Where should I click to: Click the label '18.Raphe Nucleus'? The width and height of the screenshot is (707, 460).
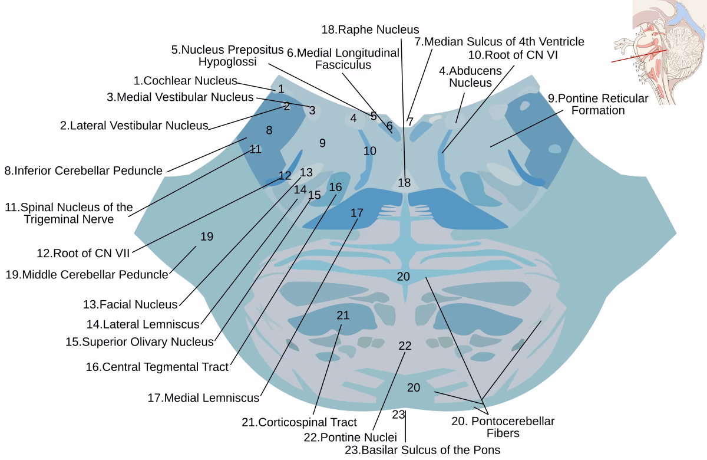[370, 29]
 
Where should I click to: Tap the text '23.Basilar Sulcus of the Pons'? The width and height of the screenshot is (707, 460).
[422, 450]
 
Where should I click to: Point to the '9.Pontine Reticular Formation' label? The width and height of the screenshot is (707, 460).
[598, 104]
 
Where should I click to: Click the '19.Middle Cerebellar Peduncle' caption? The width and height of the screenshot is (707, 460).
[87, 274]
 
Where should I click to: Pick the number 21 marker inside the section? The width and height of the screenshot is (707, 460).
[343, 316]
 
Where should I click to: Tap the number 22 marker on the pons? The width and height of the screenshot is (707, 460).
[405, 346]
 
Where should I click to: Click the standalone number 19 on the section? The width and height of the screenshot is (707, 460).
[207, 236]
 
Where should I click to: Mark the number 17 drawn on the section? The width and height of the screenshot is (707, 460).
[357, 213]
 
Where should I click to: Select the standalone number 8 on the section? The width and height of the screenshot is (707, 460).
[269, 130]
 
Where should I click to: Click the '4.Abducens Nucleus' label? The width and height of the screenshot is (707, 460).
[470, 77]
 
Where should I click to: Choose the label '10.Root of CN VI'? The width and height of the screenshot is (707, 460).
[513, 55]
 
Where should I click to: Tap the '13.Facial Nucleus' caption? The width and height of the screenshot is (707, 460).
[130, 304]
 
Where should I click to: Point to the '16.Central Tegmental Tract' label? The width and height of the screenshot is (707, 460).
[157, 367]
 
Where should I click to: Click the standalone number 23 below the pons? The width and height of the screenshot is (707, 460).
[399, 415]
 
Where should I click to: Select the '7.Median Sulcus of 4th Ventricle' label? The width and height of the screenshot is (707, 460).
[499, 41]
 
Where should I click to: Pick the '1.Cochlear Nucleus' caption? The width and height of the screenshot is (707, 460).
[185, 80]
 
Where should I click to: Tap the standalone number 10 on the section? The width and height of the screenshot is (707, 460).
[369, 151]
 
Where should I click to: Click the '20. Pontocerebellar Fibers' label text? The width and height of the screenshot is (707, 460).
[503, 427]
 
